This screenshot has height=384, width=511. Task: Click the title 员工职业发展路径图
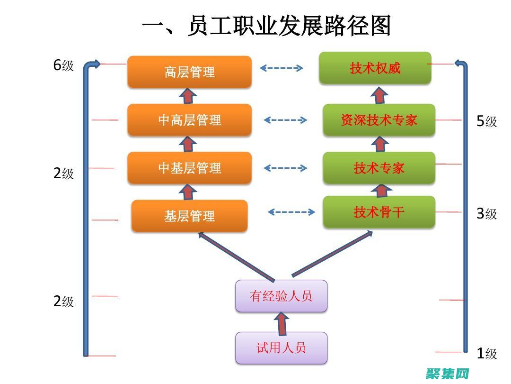[x=266, y=26]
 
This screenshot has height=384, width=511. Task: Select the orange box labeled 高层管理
[x=189, y=72]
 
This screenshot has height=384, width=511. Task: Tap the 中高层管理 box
[x=189, y=120]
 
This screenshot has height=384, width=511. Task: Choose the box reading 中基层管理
[x=189, y=168]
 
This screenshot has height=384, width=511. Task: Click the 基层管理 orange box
[x=189, y=216]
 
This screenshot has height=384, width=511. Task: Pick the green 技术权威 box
[x=375, y=68]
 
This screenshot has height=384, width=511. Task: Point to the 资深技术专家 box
[x=379, y=120]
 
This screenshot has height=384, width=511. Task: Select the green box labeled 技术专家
[x=379, y=168]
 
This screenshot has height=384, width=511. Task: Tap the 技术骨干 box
[x=379, y=212]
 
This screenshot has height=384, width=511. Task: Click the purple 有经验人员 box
[x=281, y=296]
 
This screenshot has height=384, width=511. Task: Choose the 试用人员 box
[x=281, y=348]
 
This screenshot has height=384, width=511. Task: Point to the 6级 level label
[x=63, y=65]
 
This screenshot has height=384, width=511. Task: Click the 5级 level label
[x=486, y=121]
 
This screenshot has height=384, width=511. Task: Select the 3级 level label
[x=486, y=214]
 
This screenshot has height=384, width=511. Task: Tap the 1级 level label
[x=486, y=354]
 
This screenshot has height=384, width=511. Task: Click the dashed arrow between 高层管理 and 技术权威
[x=282, y=68]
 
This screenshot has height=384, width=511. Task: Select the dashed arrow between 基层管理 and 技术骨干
[x=291, y=212]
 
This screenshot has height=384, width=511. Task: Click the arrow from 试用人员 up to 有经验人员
[x=281, y=322]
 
